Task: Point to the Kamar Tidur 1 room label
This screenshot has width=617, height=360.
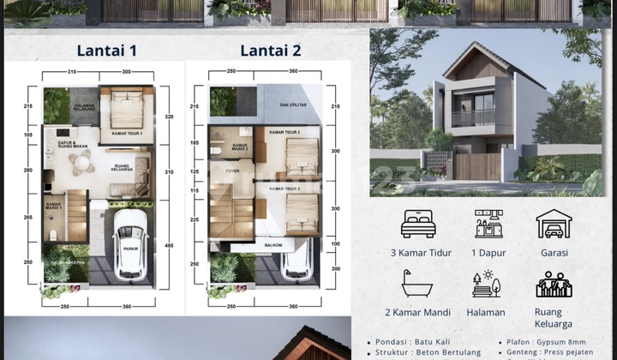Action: tap(125, 133)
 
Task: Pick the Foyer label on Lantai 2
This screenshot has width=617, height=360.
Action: tap(232, 170)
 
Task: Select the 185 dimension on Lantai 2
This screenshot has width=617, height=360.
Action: tap(194, 143)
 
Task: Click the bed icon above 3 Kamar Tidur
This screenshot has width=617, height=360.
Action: tap(418, 224)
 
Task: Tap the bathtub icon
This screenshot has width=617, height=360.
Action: tap(417, 284)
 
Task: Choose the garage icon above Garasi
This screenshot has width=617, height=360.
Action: tap(554, 224)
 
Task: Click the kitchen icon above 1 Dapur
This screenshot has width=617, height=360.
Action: tap(488, 224)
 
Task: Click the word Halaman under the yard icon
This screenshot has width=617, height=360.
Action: tap(488, 313)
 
